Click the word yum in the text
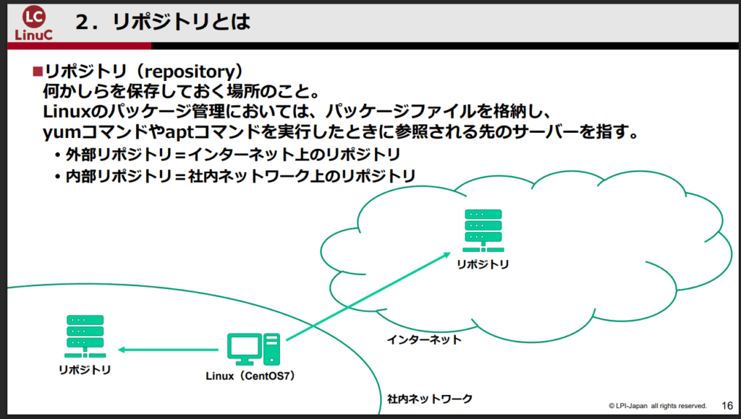coord(59,134)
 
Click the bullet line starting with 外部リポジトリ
coord(232,155)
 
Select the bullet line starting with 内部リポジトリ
coord(239,176)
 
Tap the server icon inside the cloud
coord(483,228)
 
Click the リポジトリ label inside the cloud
coord(483,264)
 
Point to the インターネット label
coord(423,339)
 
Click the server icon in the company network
coord(85,336)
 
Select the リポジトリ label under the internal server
coord(85,371)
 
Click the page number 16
coord(728,405)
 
